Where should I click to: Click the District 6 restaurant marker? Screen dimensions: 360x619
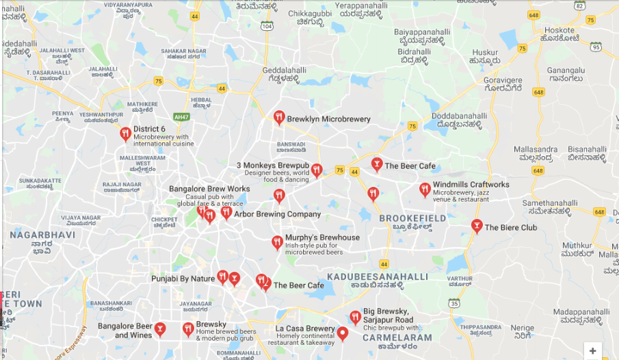tap(125, 133)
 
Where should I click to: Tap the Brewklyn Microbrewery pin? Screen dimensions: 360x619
tap(278, 118)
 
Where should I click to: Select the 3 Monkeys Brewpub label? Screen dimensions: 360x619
tap(273, 165)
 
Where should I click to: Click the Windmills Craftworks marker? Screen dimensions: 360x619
tap(425, 190)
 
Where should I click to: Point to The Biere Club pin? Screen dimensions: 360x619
tap(477, 226)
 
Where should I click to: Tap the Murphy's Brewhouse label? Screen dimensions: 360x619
tap(322, 237)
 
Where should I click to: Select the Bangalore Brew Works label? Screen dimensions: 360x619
tap(209, 188)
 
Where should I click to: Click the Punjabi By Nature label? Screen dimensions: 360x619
tap(183, 279)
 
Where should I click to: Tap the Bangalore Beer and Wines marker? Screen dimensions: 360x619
tap(160, 329)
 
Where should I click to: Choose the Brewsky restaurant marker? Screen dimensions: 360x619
tap(188, 329)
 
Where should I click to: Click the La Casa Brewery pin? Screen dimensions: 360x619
tap(343, 333)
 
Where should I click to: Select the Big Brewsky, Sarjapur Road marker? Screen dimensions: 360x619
tap(355, 317)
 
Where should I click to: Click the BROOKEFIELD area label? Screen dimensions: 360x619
tap(412, 218)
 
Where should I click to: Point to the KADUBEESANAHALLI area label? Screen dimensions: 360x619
tap(378, 277)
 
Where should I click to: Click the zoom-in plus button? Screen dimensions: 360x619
tap(592, 350)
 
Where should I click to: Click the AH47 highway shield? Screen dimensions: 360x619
tap(181, 116)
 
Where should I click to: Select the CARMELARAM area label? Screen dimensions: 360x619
tap(397, 337)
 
